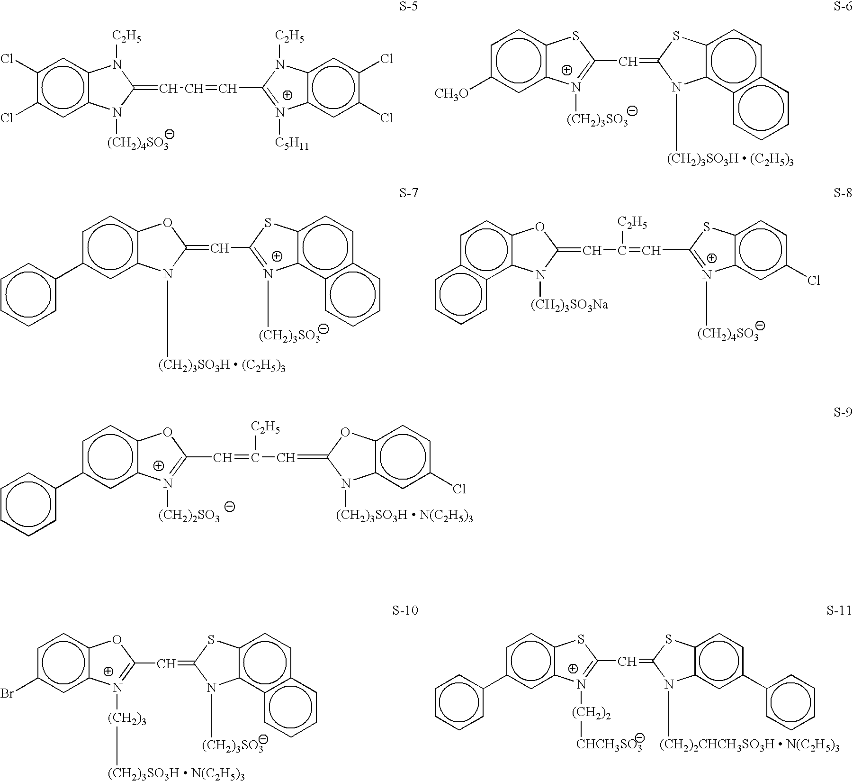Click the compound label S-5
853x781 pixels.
pyautogui.click(x=408, y=7)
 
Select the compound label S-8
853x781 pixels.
pyautogui.click(x=842, y=193)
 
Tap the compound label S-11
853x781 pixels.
pyautogui.click(x=839, y=611)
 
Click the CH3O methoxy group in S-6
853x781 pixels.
pyautogui.click(x=451, y=93)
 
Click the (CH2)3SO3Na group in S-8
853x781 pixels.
pyautogui.click(x=569, y=304)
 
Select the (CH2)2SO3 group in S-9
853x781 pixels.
pyautogui.click(x=189, y=516)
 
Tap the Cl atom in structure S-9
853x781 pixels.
pyautogui.click(x=459, y=489)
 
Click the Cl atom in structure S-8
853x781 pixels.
pyautogui.click(x=813, y=281)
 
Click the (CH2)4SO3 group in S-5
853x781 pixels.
pyautogui.click(x=138, y=143)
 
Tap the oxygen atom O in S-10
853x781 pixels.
pyautogui.click(x=117, y=641)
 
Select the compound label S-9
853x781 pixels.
pyautogui.click(x=842, y=412)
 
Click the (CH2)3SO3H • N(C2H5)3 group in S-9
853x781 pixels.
pyautogui.click(x=404, y=516)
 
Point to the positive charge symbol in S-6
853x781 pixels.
pyautogui.click(x=566, y=71)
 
